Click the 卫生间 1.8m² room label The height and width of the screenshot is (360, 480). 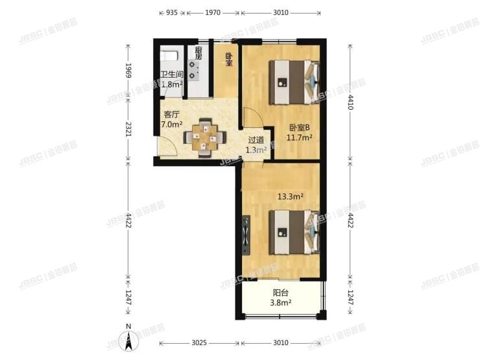(x=171, y=78)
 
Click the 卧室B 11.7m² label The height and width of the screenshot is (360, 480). (x=300, y=132)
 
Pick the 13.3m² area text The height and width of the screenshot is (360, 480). (x=291, y=196)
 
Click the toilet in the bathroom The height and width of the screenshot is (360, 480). (x=168, y=54)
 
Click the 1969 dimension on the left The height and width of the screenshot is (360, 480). (x=128, y=70)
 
